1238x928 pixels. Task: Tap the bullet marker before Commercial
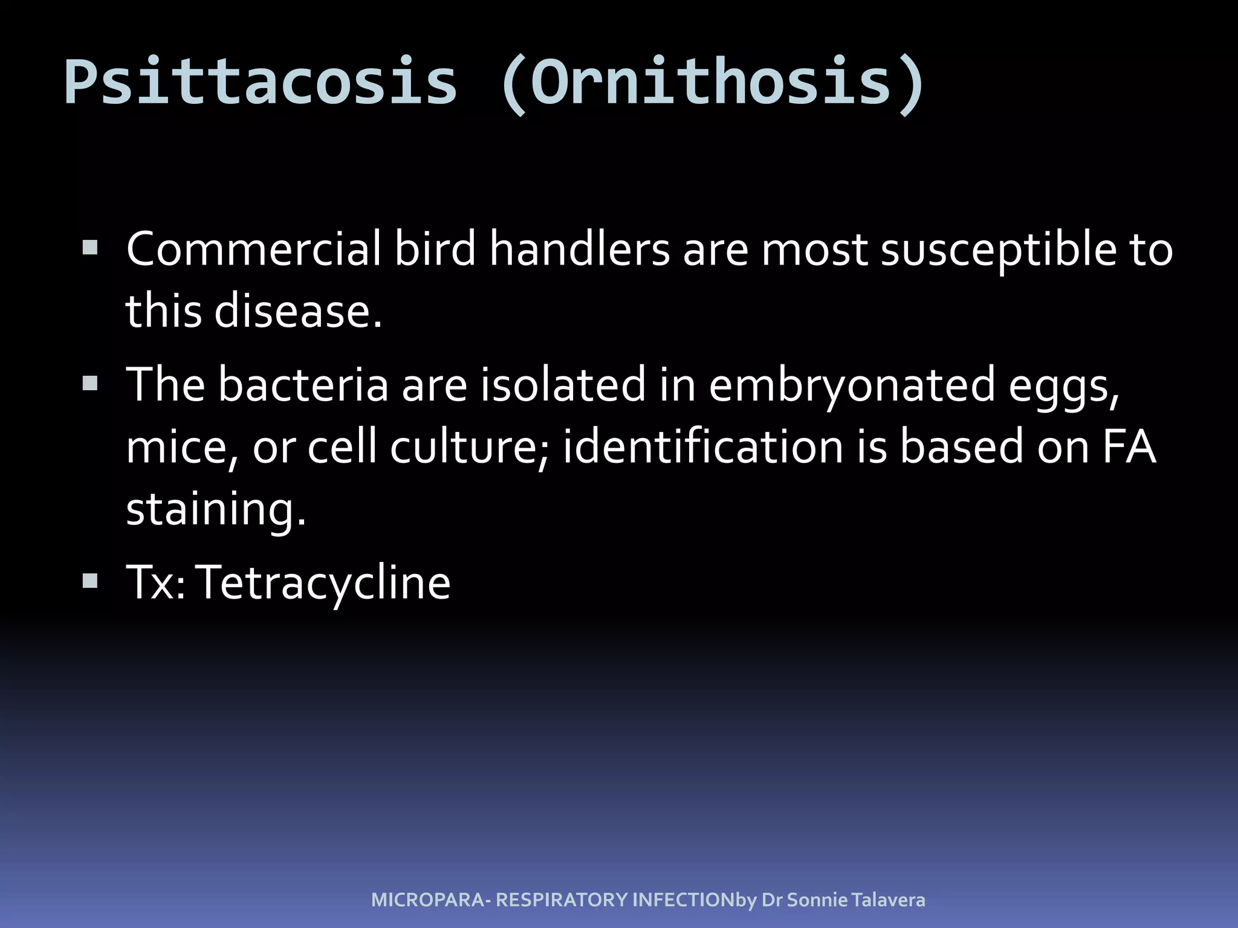coord(90,248)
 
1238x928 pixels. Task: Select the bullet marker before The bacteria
coord(90,383)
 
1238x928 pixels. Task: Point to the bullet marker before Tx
coord(90,581)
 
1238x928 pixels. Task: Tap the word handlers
coord(579,249)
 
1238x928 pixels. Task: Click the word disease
coord(298,312)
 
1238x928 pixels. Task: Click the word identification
coord(702,447)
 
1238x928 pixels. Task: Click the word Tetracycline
coord(325,582)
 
